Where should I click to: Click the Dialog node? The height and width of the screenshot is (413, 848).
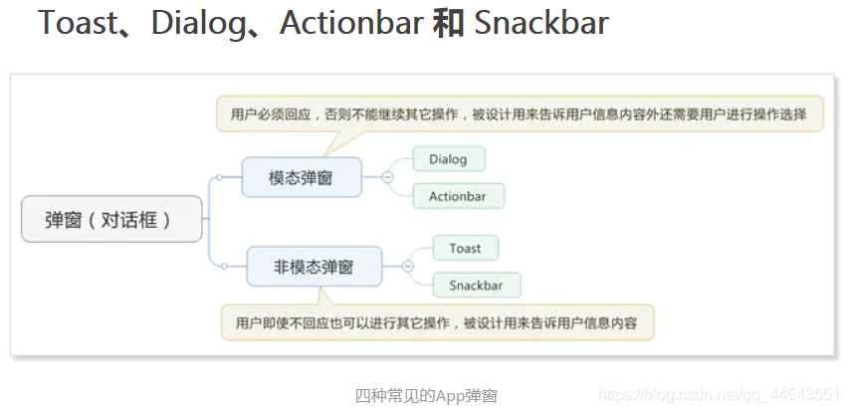pos(449,159)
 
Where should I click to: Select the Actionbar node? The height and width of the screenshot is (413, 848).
pos(459,196)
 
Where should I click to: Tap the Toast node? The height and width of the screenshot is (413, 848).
pos(466,248)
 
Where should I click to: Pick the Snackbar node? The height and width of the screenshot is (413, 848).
pos(477,285)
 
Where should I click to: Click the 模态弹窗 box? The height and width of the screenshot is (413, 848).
pos(302,177)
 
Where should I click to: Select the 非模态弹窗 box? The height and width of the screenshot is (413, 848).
pos(315,267)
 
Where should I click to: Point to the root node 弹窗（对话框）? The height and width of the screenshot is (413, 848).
pos(111,219)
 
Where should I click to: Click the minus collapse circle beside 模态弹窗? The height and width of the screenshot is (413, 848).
pos(387,177)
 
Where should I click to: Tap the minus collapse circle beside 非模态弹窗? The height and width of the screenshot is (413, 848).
pos(408,267)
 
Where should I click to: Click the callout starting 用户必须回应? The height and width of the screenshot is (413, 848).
pos(520,114)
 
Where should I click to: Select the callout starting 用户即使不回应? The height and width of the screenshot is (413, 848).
pos(438,322)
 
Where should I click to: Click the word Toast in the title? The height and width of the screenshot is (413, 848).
pos(76,23)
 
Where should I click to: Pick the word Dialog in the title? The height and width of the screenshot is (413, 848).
pos(196,24)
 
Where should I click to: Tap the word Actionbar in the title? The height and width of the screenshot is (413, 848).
pos(351,23)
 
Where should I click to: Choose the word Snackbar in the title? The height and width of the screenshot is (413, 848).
pos(540,23)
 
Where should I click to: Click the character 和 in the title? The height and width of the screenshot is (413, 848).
pos(448,23)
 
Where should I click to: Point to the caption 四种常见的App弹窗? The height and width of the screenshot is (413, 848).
pos(426,396)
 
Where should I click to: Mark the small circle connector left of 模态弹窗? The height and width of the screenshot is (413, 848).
pos(219,177)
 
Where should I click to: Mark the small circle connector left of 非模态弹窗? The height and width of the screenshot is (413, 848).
pos(224,266)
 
